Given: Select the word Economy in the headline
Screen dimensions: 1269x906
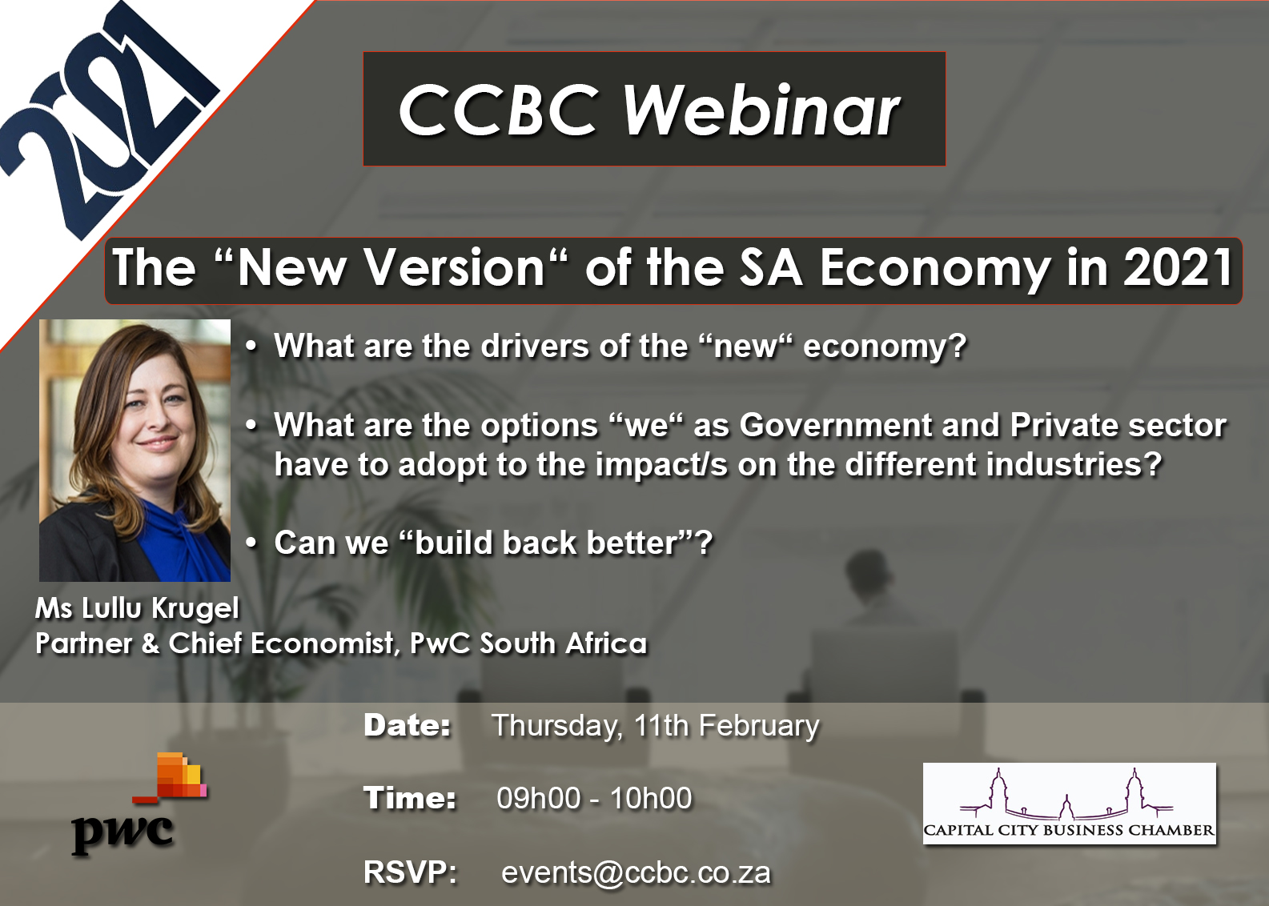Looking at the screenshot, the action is [x=934, y=269].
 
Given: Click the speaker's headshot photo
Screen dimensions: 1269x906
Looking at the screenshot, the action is [x=135, y=450].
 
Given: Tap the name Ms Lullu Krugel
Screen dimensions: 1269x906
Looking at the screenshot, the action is [x=137, y=609].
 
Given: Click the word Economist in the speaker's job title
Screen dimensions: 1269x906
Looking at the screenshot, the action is [x=322, y=643].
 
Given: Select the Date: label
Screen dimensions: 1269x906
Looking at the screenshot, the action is [x=408, y=725].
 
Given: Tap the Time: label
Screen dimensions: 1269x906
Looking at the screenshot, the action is [x=410, y=799].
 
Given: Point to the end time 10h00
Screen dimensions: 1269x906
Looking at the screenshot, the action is [x=651, y=799].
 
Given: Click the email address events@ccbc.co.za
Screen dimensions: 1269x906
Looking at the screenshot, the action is [x=636, y=872].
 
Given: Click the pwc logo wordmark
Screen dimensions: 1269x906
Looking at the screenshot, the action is [x=122, y=832].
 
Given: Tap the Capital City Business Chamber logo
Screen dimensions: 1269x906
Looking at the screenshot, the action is [x=1070, y=803].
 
